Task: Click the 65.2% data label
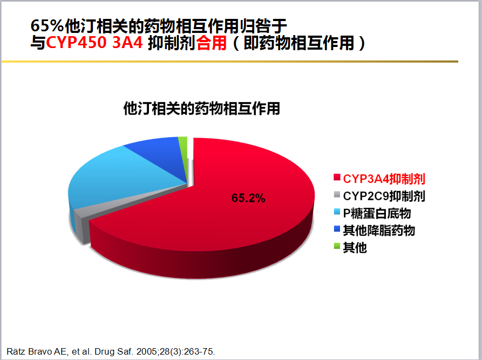[248, 198]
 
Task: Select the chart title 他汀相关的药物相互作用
[202, 108]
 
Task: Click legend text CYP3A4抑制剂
[384, 179]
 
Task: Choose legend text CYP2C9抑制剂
[384, 196]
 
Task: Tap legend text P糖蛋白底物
[377, 213]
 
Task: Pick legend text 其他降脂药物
[379, 230]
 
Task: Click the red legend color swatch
[337, 178]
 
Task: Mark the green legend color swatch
[337, 246]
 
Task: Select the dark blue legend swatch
[337, 229]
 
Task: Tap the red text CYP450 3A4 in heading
[94, 43]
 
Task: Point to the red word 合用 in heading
[211, 43]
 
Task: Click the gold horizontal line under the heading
[229, 62]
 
